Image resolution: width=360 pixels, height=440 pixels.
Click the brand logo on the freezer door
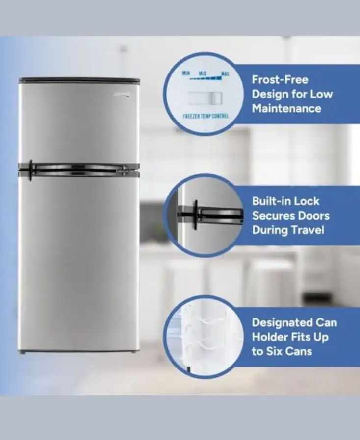click(x=125, y=90)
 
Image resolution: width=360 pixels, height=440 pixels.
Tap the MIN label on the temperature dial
click(x=186, y=73)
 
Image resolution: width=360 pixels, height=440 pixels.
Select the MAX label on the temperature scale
click(x=225, y=74)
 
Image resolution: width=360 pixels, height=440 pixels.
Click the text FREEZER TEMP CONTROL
click(x=206, y=117)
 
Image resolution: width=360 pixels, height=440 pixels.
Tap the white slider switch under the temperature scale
click(x=206, y=98)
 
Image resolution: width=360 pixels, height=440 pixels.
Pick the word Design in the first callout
click(x=269, y=94)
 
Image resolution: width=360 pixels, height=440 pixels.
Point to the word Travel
click(x=308, y=230)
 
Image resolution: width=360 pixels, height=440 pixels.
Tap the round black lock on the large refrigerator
click(x=30, y=170)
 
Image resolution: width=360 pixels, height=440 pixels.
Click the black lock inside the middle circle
click(x=196, y=214)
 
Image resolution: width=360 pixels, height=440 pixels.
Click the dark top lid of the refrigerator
click(x=79, y=80)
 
